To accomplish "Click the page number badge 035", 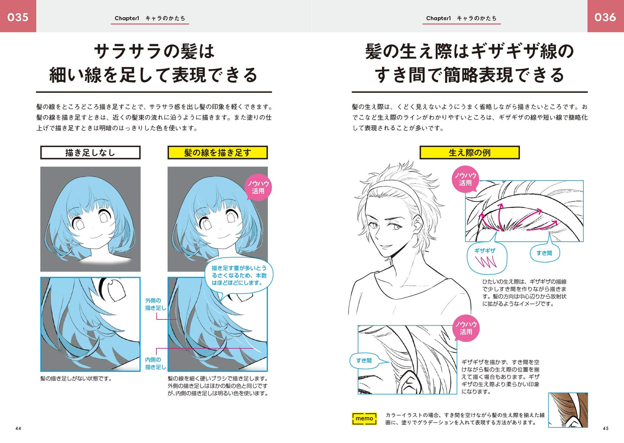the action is pos(18,16).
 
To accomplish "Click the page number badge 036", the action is pos(605,16).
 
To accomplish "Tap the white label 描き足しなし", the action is pos(90,153).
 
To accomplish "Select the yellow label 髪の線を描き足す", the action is pos(218,153).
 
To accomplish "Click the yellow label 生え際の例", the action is pos(470,153).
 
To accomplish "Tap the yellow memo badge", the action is pos(364,418).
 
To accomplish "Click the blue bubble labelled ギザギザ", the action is pos(486,258).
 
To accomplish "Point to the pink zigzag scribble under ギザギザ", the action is pos(486,262).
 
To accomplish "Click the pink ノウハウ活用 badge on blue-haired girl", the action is pos(258,187).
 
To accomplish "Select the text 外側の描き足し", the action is pos(155,304).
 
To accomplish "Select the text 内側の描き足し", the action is pos(155,363).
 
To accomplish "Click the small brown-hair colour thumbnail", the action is pos(568,410).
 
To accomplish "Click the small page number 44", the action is pos(18,428).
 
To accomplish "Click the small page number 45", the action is pos(605,428).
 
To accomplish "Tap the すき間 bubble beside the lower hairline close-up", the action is pos(364,361).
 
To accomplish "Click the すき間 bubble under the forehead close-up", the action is pos(545,253).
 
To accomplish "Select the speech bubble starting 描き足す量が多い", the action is pos(239,276).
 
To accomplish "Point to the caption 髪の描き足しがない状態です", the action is pos(76,379).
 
